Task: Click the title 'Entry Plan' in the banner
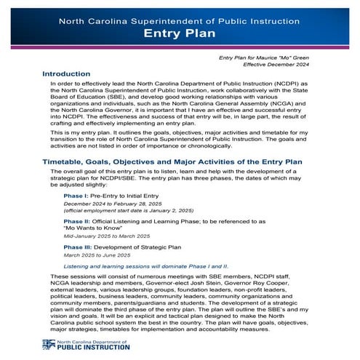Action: [180, 34]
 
